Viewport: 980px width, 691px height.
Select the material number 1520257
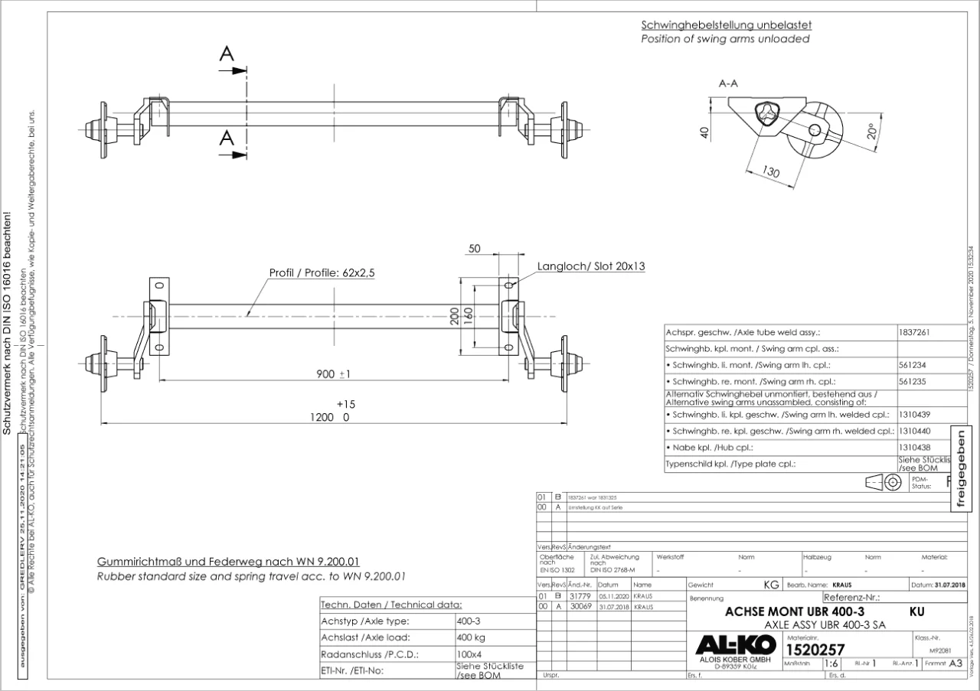tap(816, 650)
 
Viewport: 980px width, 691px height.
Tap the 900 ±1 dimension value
tap(333, 374)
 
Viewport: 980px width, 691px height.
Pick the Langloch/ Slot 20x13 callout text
tap(590, 266)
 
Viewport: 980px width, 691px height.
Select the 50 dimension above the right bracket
tap(475, 249)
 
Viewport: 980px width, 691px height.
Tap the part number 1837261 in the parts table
tap(916, 333)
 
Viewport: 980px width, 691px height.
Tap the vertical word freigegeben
tap(962, 468)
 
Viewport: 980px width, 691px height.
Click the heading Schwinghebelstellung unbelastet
tap(727, 24)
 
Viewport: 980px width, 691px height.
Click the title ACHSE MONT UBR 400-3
tap(794, 612)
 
